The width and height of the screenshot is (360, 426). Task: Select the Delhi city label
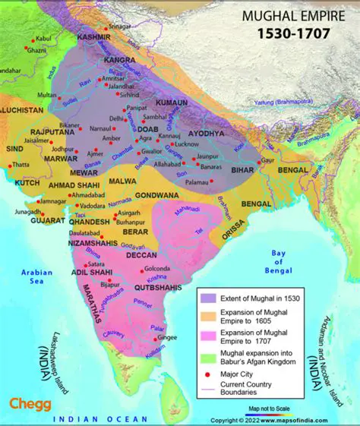click(116, 118)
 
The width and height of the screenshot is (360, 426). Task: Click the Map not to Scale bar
click(273, 411)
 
